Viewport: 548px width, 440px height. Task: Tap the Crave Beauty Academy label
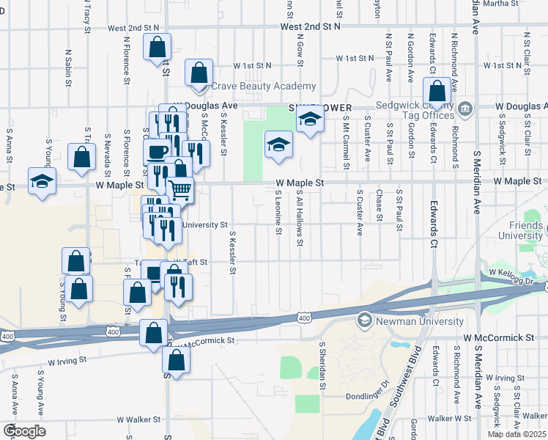pos(264,87)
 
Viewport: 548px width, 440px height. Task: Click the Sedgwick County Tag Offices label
pos(415,111)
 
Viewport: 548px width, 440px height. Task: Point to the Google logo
pos(23,431)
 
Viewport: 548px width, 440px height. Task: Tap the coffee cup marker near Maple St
pos(155,152)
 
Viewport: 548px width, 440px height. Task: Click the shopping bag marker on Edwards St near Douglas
pos(437,92)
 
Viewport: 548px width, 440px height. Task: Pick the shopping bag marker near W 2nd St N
pos(158,48)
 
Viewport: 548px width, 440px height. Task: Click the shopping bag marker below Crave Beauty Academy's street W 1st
pos(199,73)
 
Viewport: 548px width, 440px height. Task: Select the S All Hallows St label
pos(300,217)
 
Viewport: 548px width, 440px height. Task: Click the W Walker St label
pos(138,420)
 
